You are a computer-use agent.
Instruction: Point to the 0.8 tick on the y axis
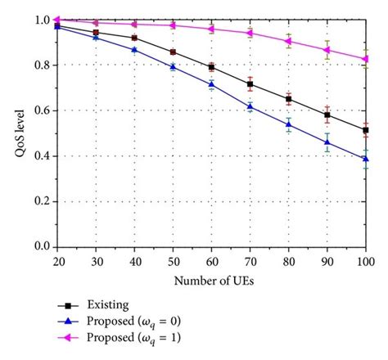tap(42, 65)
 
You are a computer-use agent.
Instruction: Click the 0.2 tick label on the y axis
tap(42, 201)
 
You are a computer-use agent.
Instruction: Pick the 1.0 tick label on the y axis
tap(42, 20)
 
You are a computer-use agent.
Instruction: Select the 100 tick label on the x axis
tap(365, 260)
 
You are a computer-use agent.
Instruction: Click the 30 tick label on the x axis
tap(96, 260)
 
